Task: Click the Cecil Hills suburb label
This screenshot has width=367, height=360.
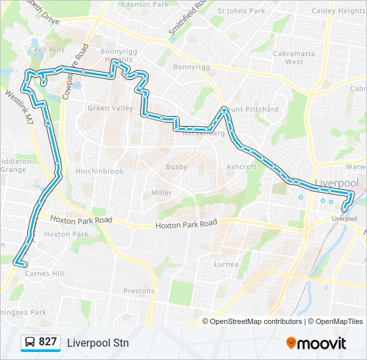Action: (47, 49)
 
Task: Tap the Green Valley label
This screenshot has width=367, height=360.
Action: (105, 108)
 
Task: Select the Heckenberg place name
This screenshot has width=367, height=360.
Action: (204, 133)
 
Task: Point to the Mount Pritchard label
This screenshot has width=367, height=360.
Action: (250, 109)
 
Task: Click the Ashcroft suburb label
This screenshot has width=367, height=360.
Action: (241, 167)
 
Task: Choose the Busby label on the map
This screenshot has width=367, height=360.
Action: (177, 167)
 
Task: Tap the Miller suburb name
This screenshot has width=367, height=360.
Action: (161, 193)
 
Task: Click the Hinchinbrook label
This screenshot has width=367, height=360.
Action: (99, 171)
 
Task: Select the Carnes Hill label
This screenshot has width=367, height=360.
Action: (43, 273)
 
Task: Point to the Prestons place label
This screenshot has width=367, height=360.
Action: (139, 291)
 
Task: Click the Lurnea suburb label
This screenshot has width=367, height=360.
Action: (226, 264)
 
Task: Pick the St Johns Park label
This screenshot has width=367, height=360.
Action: (242, 11)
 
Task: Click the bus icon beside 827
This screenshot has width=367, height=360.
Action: (30, 343)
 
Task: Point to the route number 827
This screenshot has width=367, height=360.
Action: (48, 342)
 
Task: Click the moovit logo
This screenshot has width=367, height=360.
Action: (316, 343)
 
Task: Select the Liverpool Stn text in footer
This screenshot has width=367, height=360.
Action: (97, 343)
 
